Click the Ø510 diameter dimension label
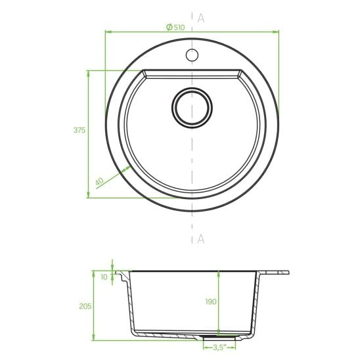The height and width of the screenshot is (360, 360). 175,28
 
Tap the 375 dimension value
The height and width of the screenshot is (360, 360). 79,130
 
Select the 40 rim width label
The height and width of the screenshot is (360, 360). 99,181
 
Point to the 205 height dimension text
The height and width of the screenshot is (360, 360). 85,306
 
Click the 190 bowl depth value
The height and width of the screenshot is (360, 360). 211,302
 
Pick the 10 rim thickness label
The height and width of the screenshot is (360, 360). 104,277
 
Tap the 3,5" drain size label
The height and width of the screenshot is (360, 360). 219,348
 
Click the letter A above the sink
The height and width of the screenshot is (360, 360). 201,18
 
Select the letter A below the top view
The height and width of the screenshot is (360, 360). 201,239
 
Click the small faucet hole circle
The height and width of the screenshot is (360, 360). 192,55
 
